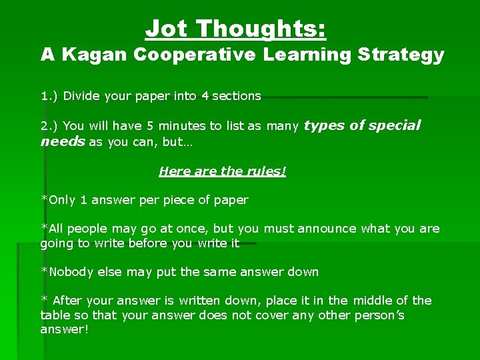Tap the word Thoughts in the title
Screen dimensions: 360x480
click(260, 29)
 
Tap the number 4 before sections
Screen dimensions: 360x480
click(205, 96)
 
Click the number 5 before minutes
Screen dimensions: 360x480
click(150, 126)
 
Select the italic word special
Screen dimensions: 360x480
click(395, 125)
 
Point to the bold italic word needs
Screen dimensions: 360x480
click(63, 141)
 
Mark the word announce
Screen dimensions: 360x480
click(327, 229)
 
